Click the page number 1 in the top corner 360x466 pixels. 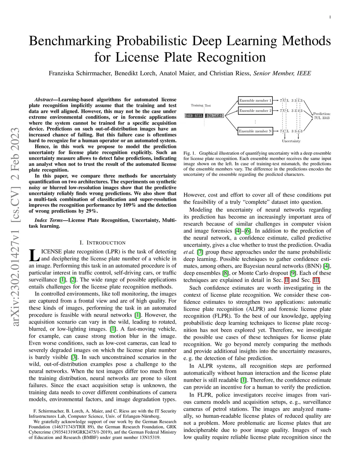(x=330, y=17)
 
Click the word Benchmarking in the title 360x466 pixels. (x=70, y=41)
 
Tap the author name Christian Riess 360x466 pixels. (x=230, y=74)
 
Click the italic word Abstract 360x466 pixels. (x=44, y=100)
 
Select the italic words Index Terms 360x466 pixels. (x=49, y=220)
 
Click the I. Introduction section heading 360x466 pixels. (x=103, y=243)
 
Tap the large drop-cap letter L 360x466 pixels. (x=34, y=255)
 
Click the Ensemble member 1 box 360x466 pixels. (x=255, y=100)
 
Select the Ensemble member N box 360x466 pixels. (x=255, y=131)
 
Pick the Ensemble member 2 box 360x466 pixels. (x=255, y=111)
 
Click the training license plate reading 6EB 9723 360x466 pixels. (x=194, y=116)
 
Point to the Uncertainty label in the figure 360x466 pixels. (x=291, y=141)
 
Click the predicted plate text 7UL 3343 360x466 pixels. (x=322, y=118)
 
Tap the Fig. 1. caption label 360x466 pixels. (x=189, y=153)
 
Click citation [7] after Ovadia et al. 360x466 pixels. (x=200, y=252)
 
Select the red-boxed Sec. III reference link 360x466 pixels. (x=316, y=280)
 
